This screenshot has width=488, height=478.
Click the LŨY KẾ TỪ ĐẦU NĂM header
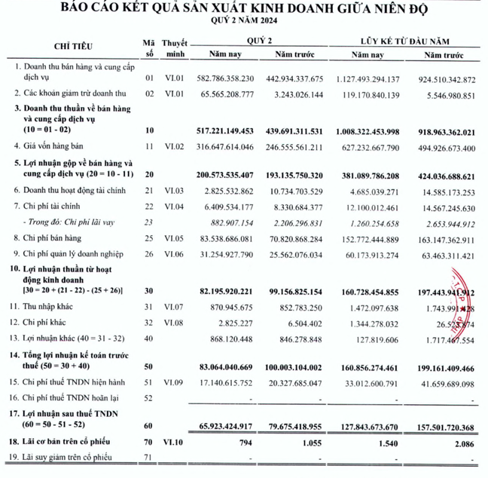(409, 39)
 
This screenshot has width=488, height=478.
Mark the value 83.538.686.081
(223, 239)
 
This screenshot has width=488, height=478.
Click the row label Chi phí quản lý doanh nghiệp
(75, 254)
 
